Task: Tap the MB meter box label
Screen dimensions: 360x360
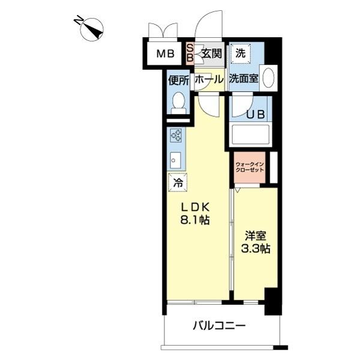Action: pyautogui.click(x=165, y=54)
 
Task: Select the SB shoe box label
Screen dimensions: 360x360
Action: pyautogui.click(x=190, y=53)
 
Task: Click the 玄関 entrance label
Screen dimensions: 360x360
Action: pyautogui.click(x=211, y=53)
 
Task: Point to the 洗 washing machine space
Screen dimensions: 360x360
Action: pyautogui.click(x=241, y=53)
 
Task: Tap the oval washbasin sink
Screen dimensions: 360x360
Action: pyautogui.click(x=269, y=79)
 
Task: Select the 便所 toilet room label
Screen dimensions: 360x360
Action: pyautogui.click(x=178, y=79)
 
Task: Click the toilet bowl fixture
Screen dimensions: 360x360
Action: pyautogui.click(x=178, y=103)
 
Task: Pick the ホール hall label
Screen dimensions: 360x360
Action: pyautogui.click(x=209, y=79)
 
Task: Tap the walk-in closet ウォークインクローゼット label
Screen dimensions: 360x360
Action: pyautogui.click(x=250, y=167)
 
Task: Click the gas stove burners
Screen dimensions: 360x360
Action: pyautogui.click(x=178, y=137)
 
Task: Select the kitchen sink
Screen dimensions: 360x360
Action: pyautogui.click(x=176, y=159)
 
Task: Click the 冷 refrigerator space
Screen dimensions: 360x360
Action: pyautogui.click(x=178, y=182)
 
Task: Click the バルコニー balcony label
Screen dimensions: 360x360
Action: pyautogui.click(x=219, y=326)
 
